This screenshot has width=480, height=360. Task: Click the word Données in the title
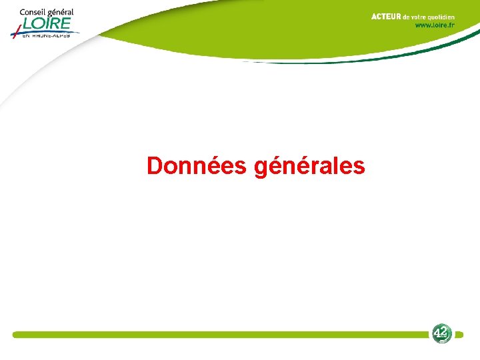[197, 166]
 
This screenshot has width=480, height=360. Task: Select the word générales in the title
[309, 166]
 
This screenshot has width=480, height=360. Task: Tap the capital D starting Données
[155, 166]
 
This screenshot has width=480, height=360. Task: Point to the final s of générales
[360, 167]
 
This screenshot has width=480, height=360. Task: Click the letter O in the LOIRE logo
[39, 24]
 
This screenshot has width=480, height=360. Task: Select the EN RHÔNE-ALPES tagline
[46, 35]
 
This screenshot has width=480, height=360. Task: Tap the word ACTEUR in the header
[386, 17]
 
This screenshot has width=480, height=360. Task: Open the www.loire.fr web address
[435, 25]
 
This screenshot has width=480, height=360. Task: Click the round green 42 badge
[441, 333]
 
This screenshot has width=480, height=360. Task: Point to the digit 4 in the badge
[438, 331]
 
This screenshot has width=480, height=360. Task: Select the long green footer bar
[220, 335]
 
